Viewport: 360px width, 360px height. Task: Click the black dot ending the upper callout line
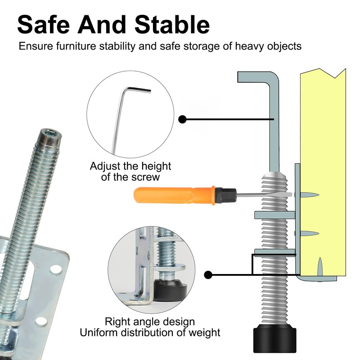(183, 119)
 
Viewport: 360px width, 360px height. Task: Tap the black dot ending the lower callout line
(208, 274)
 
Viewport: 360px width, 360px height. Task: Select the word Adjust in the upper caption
(105, 166)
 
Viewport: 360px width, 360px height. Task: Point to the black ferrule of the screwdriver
(225, 194)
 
